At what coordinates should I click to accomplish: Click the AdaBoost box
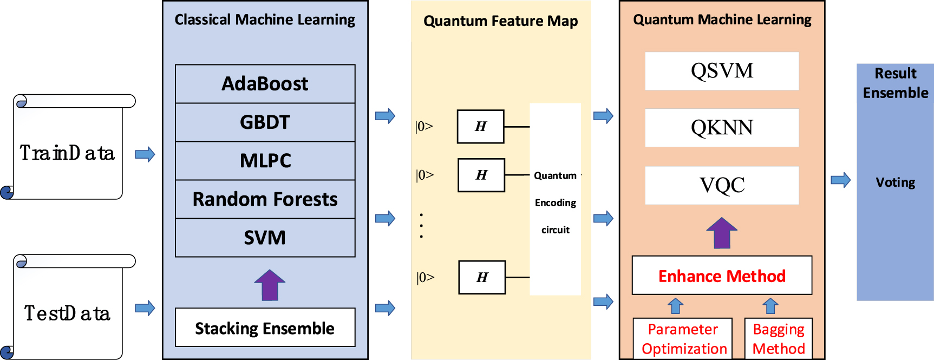265,84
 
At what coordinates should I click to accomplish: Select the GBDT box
265,122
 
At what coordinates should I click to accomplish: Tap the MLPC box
265,161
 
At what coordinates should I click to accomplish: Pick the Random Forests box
265,199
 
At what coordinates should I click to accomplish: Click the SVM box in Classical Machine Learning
265,238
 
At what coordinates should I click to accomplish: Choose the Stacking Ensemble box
265,328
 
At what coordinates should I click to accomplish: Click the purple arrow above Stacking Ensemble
270,285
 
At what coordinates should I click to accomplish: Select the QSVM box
722,71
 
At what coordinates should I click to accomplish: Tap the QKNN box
722,128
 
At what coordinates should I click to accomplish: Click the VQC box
722,185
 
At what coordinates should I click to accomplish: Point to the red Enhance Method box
722,276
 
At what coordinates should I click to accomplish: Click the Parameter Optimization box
683,338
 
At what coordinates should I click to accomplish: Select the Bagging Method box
779,338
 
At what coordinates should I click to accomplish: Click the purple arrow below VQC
722,233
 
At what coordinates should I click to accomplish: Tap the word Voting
896,182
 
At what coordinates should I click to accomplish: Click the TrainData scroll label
67,153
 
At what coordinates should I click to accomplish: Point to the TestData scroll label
67,313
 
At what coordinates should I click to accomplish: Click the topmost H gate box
480,127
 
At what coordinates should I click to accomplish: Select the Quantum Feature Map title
500,21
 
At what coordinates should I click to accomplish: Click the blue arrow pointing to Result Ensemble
840,180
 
